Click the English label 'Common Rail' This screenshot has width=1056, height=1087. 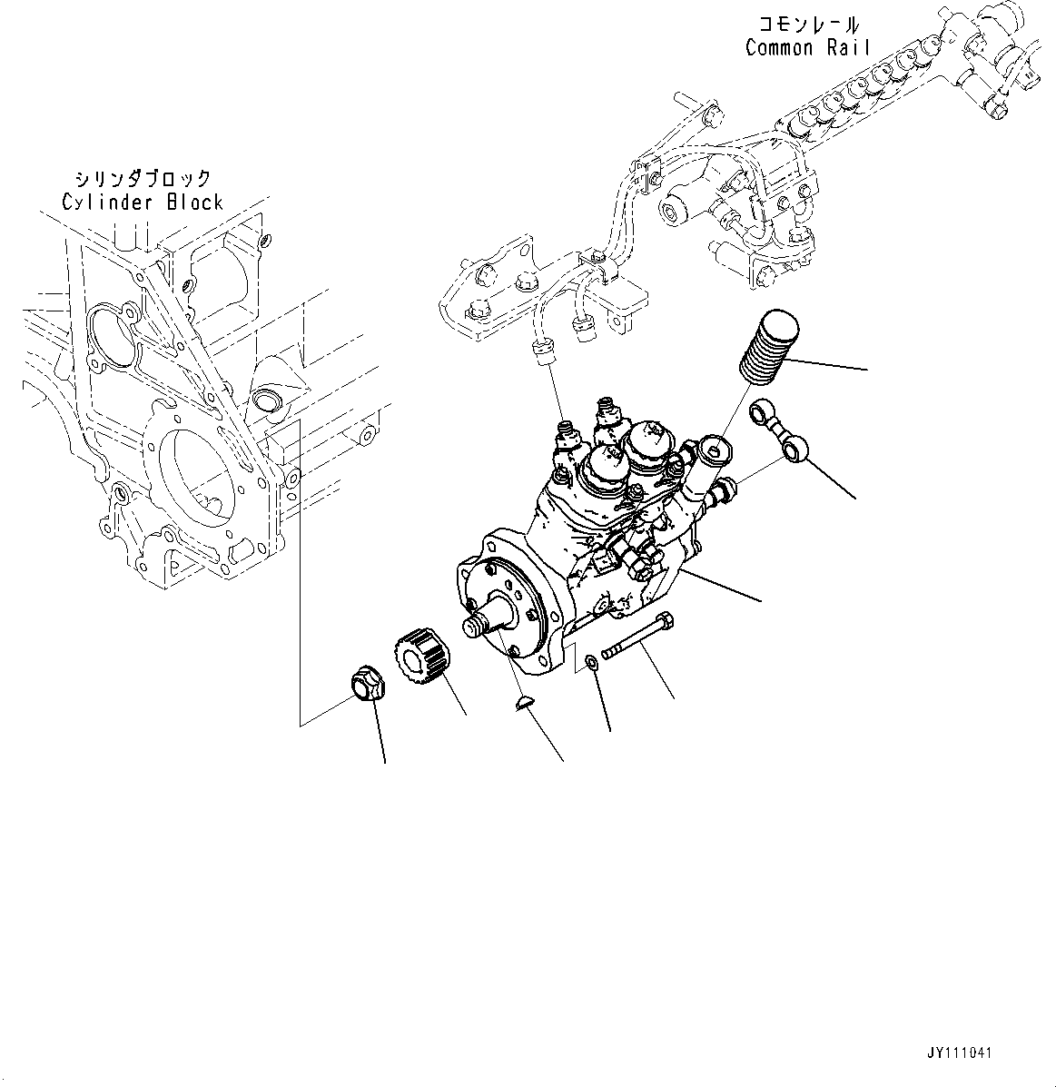coord(807,48)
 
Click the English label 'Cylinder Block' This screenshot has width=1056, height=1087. coord(142,202)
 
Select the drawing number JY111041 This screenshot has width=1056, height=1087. coord(959,1053)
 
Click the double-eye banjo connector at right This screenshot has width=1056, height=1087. coord(778,430)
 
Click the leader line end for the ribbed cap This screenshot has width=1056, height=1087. coord(867,369)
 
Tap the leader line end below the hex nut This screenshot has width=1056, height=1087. coord(385,761)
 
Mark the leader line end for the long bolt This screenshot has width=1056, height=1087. coord(674,697)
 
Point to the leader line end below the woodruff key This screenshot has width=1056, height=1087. coord(562,760)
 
